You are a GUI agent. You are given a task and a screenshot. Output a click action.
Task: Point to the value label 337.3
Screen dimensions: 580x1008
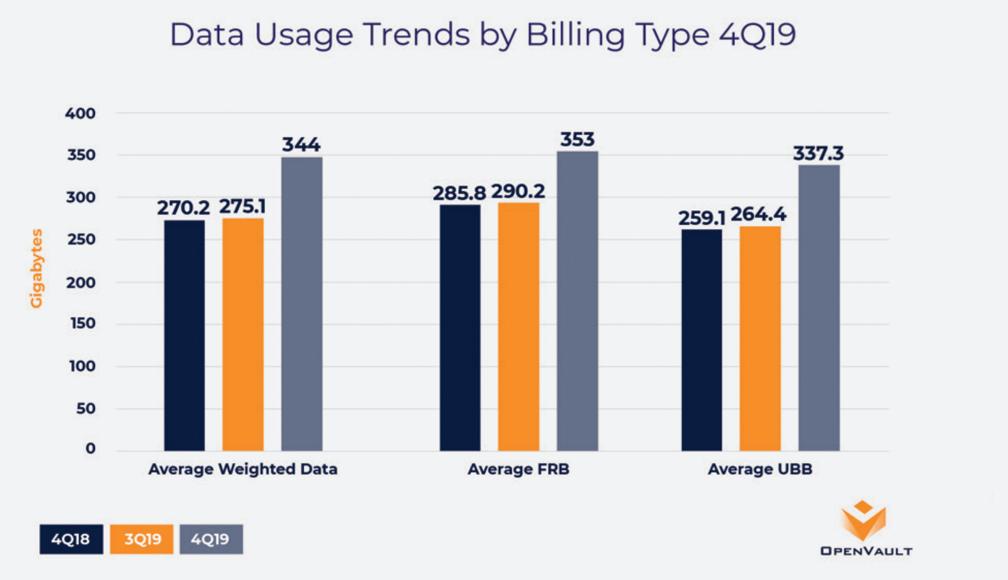tap(818, 154)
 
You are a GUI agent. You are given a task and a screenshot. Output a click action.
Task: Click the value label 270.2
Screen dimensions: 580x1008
tap(183, 208)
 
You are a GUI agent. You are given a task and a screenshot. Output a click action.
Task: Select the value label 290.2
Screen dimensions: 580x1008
tap(518, 191)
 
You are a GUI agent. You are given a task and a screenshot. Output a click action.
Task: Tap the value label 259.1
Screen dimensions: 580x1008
tap(701, 218)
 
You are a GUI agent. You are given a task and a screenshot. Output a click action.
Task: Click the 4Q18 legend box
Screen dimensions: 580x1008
tap(71, 539)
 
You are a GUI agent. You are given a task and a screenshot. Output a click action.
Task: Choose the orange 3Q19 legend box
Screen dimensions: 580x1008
tap(142, 539)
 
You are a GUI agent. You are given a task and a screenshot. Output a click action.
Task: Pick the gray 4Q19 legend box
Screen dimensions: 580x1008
tap(211, 539)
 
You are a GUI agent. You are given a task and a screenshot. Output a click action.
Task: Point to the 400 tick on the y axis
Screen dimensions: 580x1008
tap(80, 113)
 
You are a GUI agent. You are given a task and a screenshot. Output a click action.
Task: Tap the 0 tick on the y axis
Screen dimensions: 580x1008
tap(90, 448)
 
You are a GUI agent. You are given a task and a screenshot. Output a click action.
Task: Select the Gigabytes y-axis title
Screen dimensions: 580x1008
tap(36, 268)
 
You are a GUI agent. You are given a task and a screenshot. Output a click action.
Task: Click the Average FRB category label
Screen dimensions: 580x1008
tap(518, 469)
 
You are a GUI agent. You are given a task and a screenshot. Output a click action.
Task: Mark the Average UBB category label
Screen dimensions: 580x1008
tap(760, 469)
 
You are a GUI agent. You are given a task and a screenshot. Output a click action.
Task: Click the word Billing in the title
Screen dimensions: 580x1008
tap(575, 35)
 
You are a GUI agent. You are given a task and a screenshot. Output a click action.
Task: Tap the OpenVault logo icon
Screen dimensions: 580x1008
tap(863, 520)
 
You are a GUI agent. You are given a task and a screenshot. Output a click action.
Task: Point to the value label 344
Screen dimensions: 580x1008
tap(301, 144)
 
